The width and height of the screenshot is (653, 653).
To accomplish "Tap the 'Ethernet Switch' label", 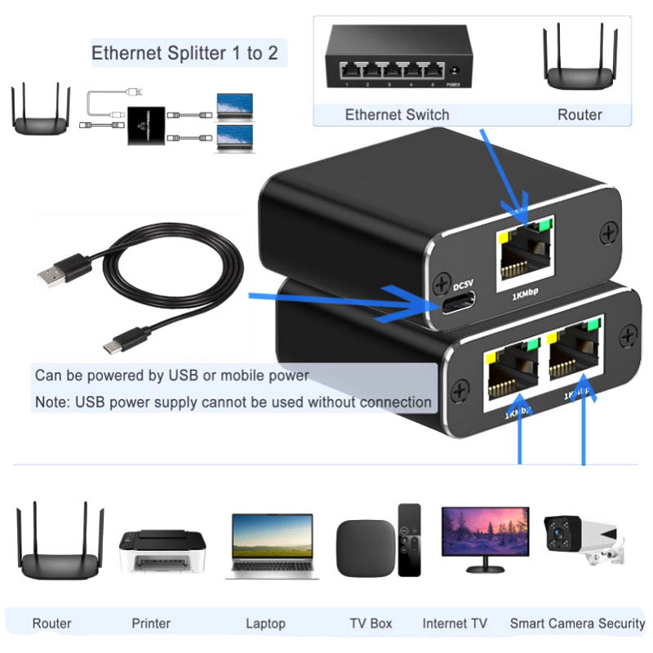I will [x=397, y=114].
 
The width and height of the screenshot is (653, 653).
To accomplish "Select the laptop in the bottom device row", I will [x=272, y=545].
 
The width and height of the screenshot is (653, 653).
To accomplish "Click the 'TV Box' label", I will [x=371, y=624].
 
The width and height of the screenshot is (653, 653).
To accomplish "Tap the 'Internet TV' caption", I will [x=455, y=624].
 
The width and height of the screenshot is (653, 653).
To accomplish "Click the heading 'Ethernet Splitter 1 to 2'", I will [x=184, y=54].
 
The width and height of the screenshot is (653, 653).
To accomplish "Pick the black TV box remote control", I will [x=409, y=539].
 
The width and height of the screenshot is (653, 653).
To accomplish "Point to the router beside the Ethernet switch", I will [x=580, y=61].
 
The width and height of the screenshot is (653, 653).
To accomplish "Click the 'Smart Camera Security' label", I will [x=577, y=624].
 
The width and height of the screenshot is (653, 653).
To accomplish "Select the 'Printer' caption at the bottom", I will [x=151, y=624].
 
